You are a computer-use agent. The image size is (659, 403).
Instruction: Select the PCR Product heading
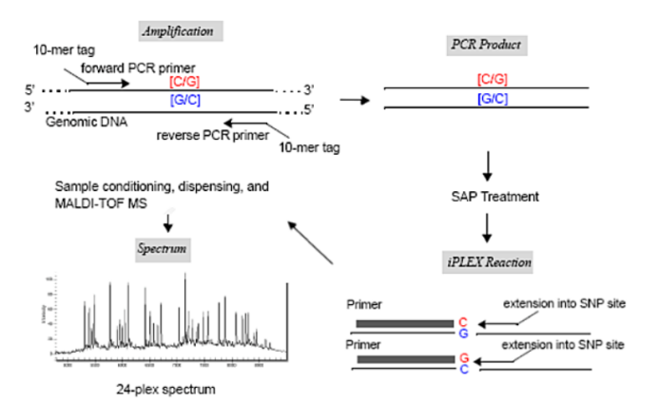(x=485, y=45)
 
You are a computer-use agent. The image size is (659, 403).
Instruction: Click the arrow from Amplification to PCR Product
(x=354, y=99)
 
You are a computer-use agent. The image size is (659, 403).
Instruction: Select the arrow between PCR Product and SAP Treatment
(x=486, y=163)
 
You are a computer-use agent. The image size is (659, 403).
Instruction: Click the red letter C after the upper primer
(x=463, y=321)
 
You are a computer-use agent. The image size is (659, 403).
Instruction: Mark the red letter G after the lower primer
(x=463, y=356)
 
